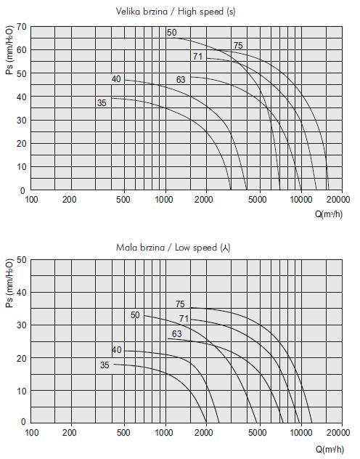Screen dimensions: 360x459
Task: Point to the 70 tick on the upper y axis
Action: [x=22, y=27]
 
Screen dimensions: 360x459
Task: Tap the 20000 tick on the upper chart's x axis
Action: [x=338, y=200]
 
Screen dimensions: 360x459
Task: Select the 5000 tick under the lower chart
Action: [x=258, y=432]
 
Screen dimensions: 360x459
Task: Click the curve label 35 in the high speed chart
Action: [x=102, y=103]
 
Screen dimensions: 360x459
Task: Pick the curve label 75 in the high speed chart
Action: [x=238, y=46]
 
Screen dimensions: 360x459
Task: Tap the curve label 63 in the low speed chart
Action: [x=176, y=333]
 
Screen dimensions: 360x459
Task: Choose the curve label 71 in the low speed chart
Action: [x=184, y=319]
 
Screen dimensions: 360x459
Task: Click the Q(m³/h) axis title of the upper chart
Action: [x=329, y=214]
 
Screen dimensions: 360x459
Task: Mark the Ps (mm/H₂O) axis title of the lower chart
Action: [x=9, y=283]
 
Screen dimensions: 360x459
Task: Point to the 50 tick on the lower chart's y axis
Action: [x=22, y=260]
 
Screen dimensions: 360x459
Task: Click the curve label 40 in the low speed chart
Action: [x=117, y=350]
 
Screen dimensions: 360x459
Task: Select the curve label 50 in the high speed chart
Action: [x=172, y=33]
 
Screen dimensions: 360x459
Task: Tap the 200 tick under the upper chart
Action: [x=69, y=200]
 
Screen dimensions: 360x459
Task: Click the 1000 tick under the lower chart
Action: [x=164, y=432]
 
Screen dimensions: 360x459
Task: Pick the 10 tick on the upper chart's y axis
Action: [x=22, y=167]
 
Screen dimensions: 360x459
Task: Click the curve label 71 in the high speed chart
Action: [x=197, y=56]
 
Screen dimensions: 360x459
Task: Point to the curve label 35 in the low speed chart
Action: [x=105, y=365]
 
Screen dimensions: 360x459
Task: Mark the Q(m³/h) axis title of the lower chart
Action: [x=330, y=449]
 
